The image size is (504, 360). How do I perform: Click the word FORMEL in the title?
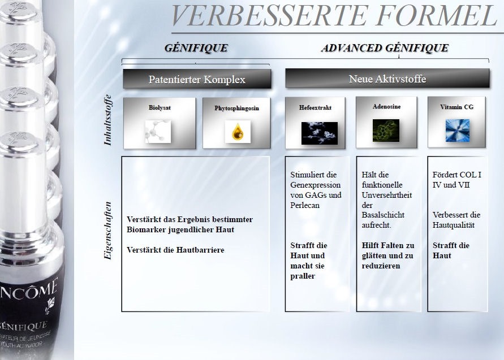pos(437,15)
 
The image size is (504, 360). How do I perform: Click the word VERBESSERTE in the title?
pos(269,15)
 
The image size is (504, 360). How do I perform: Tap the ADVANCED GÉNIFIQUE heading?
pos(385,48)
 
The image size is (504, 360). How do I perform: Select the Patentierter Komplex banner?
pos(197,79)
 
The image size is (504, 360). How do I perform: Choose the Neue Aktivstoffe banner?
pos(387,79)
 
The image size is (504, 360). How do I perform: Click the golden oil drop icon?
pos(238,132)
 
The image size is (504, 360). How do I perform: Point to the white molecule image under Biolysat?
pos(158,131)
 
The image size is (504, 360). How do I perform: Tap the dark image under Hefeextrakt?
pos(320,133)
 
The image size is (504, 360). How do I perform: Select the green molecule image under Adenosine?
pos(386,131)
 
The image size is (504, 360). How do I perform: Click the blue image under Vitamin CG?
pos(458,131)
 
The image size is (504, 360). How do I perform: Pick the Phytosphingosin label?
pos(236,108)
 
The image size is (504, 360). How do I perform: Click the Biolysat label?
pos(160,107)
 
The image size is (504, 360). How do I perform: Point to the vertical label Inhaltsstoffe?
pos(107,120)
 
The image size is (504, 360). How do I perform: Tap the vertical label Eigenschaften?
pos(107,230)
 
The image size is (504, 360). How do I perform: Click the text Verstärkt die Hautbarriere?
pos(175,250)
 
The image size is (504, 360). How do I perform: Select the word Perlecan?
pos(305,205)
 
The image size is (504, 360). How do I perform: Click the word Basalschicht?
pos(383,215)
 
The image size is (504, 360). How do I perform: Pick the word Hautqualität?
pos(453,225)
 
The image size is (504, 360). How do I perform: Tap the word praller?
pos(303,276)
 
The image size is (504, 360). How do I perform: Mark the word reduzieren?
pos(381,266)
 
